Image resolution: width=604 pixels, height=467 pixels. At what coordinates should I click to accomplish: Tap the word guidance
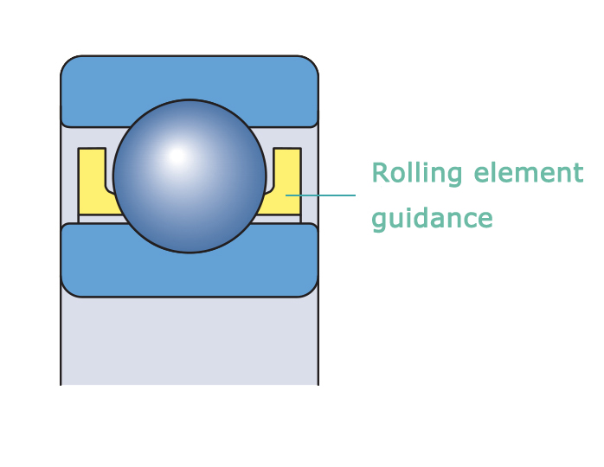tap(432, 219)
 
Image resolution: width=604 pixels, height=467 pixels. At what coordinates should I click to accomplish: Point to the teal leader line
tap(324, 195)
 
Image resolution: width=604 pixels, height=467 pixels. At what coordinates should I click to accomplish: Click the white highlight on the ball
tap(177, 157)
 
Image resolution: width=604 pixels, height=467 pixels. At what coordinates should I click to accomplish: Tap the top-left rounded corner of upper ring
tap(68, 64)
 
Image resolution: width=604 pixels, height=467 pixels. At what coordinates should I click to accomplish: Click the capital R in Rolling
tap(379, 173)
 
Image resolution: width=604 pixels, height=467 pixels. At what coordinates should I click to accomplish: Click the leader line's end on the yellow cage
tap(287, 195)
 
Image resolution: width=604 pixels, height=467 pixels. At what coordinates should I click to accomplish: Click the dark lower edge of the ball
tap(189, 250)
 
